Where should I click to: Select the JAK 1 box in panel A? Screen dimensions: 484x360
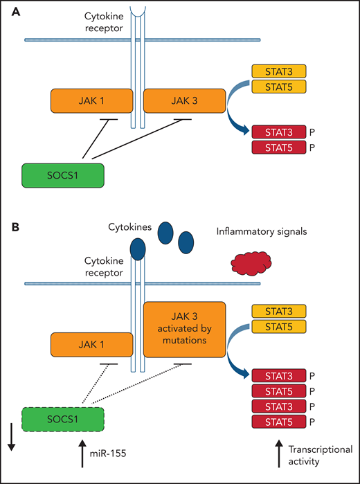(x=91, y=101)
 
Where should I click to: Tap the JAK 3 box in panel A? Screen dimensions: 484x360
(x=183, y=101)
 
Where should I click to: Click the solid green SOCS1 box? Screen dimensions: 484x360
(x=63, y=174)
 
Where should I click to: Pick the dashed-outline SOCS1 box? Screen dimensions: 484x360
(x=63, y=421)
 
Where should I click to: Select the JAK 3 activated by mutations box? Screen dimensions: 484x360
(x=183, y=329)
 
